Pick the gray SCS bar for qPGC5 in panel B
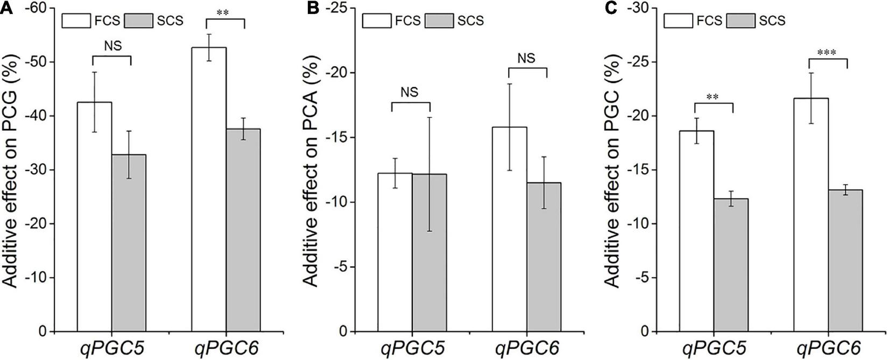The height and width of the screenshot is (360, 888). coord(429,253)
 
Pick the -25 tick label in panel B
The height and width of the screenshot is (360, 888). coord(336,8)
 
